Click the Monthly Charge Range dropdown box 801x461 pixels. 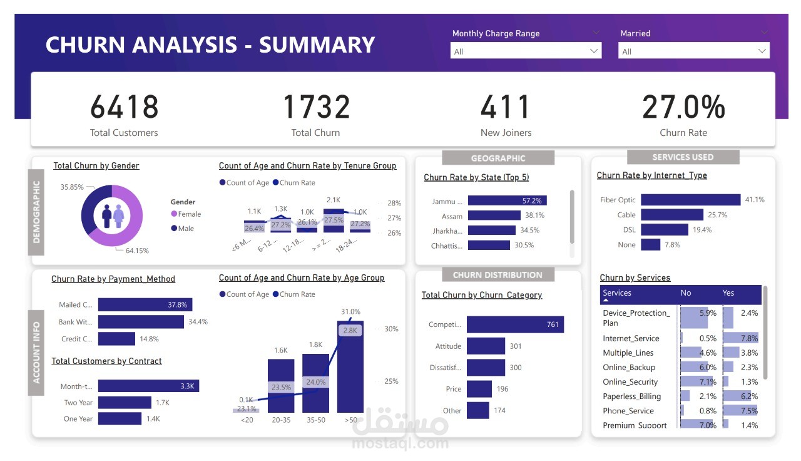click(526, 51)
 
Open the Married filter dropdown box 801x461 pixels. click(693, 51)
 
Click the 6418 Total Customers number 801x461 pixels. click(124, 107)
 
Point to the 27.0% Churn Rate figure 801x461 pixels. click(683, 107)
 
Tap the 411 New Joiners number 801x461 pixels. click(506, 107)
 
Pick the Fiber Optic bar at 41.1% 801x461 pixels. click(690, 200)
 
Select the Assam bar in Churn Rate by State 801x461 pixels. click(494, 215)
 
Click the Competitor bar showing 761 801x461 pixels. click(515, 324)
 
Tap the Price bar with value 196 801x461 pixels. click(479, 389)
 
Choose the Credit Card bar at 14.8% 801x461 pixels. click(116, 339)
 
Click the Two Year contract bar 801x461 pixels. click(125, 403)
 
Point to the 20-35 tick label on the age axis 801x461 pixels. click(281, 420)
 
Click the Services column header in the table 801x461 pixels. click(617, 293)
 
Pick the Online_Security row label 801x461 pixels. click(630, 382)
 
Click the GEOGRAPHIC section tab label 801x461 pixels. click(498, 158)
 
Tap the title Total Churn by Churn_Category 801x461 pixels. click(482, 295)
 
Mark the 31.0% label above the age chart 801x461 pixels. click(350, 311)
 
